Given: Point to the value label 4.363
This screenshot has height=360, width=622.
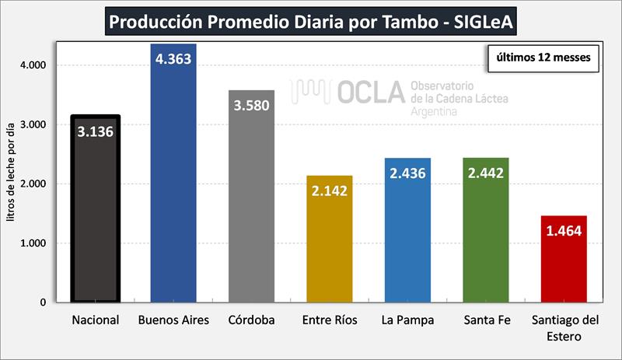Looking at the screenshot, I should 173,59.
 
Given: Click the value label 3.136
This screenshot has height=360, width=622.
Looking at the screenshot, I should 95,131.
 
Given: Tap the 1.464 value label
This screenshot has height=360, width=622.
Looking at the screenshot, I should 563,231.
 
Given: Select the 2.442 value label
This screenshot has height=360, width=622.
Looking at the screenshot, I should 485,173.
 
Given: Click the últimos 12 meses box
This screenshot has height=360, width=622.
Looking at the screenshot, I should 543,57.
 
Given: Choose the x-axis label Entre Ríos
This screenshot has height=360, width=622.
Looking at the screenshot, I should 329,320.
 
